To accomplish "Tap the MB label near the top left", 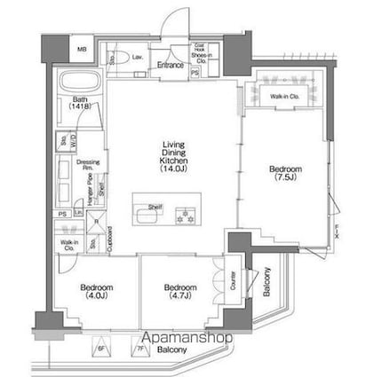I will (81, 50).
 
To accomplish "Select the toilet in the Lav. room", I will (113, 59).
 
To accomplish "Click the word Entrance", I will (170, 65).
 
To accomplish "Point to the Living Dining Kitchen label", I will (173, 155).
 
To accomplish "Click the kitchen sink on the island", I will (145, 214).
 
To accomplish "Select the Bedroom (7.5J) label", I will (285, 173).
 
